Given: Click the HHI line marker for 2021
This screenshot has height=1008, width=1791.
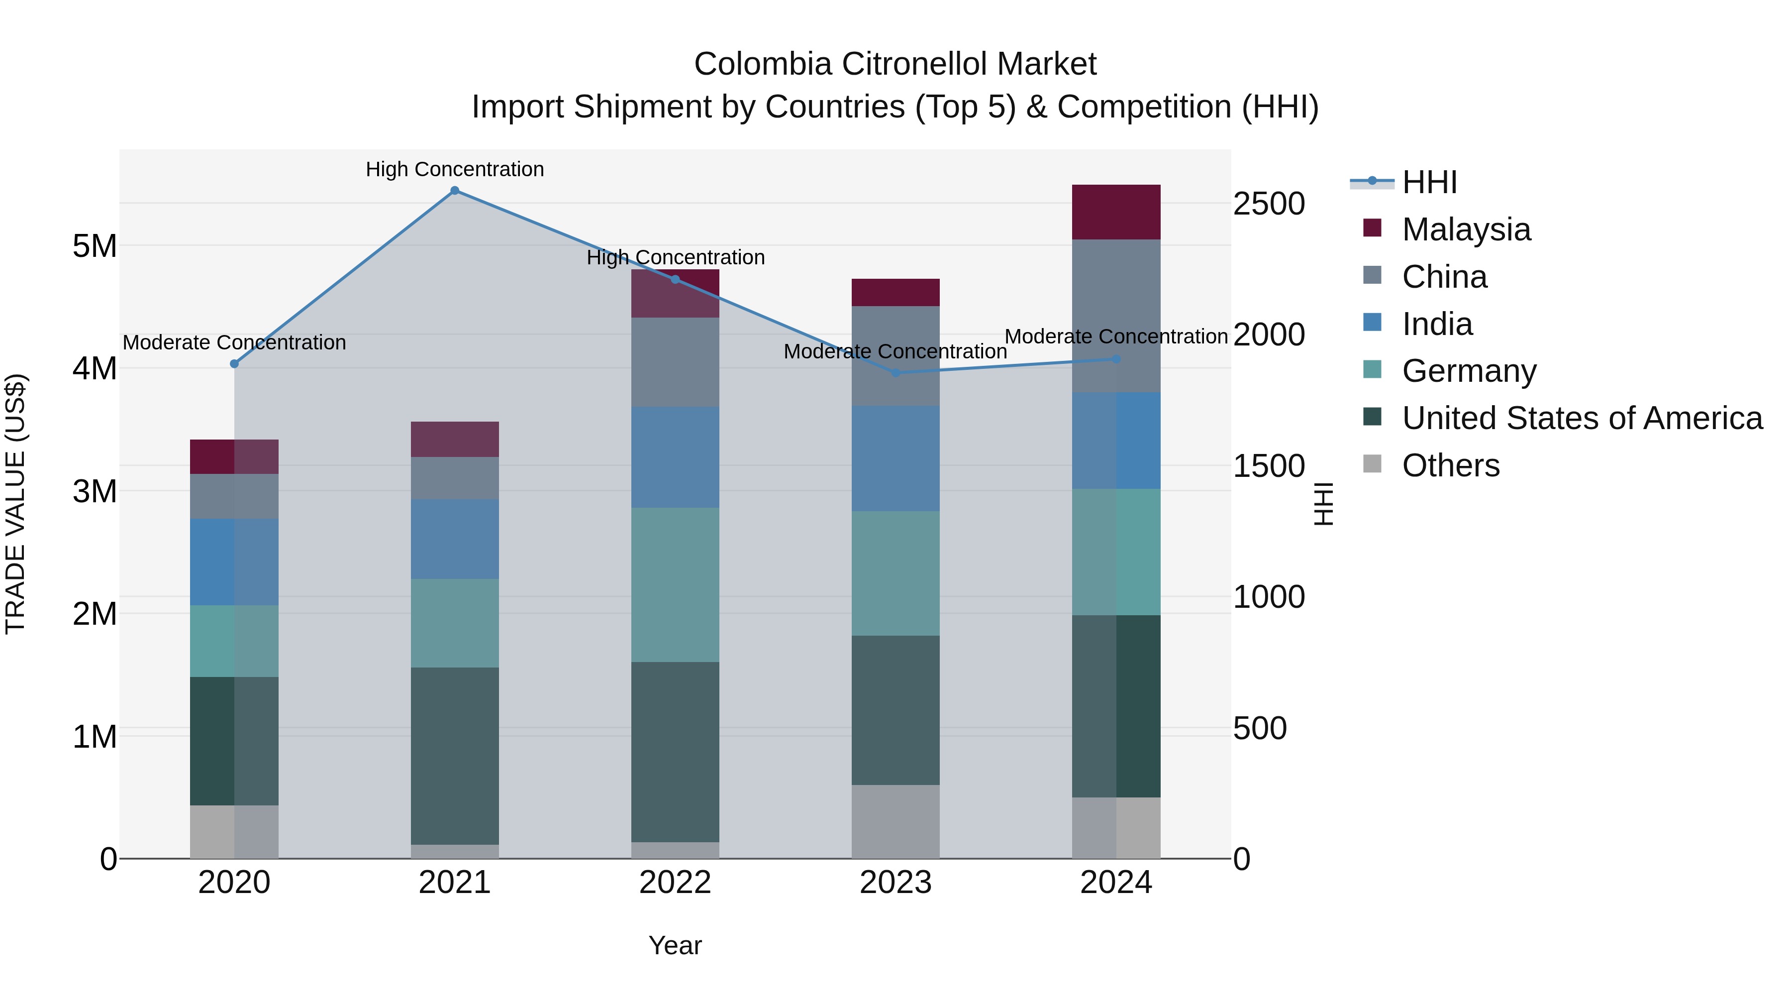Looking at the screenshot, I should click(455, 191).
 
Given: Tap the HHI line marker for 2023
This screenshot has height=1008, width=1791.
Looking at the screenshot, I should click(895, 373).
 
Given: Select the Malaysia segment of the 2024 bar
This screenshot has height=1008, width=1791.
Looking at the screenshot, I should click(1116, 212).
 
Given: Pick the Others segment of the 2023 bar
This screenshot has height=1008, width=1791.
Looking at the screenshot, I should click(895, 821).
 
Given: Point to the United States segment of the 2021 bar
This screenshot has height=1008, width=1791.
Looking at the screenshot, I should click(455, 756).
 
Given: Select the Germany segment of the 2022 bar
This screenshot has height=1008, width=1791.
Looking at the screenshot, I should click(675, 585).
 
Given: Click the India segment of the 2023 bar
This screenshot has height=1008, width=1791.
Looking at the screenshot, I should click(895, 458).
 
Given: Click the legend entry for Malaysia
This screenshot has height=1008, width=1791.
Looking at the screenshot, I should click(1466, 229).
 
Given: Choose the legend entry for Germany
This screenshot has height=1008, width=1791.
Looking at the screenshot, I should click(1469, 371).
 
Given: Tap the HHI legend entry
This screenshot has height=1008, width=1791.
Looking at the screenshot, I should click(1429, 182).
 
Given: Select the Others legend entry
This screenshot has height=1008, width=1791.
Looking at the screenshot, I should click(1450, 465).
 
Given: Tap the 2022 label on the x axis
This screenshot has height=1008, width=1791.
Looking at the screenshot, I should click(675, 883).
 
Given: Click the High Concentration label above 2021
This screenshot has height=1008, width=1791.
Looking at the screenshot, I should click(455, 169).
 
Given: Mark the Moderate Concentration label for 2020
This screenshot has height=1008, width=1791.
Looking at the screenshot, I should click(234, 342).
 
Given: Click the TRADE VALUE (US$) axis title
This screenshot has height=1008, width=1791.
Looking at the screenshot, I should click(15, 504).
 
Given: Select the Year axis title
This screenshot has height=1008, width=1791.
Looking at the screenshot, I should click(675, 945).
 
